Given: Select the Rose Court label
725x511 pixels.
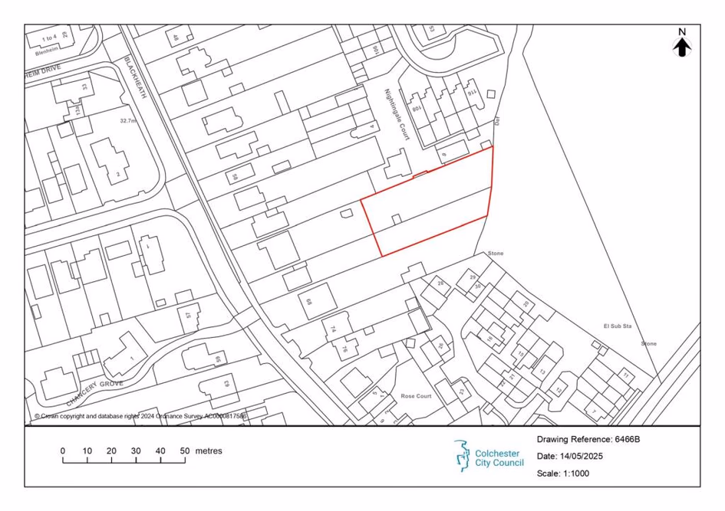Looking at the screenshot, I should [417, 396].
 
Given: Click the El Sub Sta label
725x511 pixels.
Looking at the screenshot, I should [617, 326].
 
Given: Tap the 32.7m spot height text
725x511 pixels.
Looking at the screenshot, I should [127, 121].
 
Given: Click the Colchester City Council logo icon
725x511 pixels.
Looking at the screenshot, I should [463, 454].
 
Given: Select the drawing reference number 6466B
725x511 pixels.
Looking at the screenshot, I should [627, 440].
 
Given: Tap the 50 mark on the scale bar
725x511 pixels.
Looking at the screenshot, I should [184, 451].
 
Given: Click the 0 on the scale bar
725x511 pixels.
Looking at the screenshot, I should [63, 451].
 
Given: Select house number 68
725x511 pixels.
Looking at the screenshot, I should [310, 302].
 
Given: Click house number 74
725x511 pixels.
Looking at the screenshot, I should [333, 329].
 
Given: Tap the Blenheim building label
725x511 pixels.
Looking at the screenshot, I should [48, 54].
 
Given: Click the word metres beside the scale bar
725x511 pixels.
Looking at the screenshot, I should [209, 451].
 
